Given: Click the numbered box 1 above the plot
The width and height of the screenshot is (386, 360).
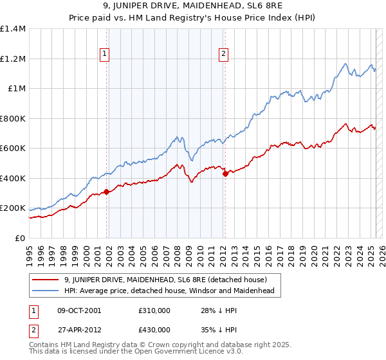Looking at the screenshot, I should click(104, 55).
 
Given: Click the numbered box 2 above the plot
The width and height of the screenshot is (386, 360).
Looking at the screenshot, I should click(223, 55).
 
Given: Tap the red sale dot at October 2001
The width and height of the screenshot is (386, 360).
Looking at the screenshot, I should click(106, 192).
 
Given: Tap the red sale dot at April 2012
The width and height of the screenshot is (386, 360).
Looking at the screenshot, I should click(225, 174).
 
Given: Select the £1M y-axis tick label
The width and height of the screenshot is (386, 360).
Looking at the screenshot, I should click(17, 89).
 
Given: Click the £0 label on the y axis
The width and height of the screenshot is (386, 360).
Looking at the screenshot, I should click(21, 238).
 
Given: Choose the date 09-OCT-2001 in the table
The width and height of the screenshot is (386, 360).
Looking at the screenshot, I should click(79, 310).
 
